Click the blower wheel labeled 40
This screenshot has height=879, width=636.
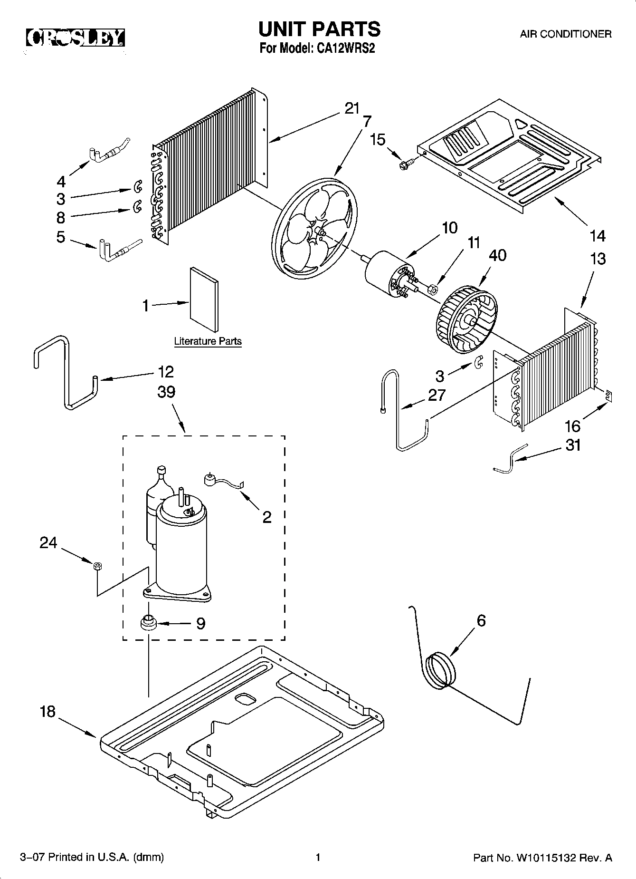click(465, 323)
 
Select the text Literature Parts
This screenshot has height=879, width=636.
click(208, 341)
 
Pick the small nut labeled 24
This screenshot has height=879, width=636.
click(96, 565)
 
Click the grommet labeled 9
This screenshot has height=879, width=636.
click(148, 622)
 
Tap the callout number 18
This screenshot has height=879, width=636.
click(48, 712)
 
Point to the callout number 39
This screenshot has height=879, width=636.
click(166, 392)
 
